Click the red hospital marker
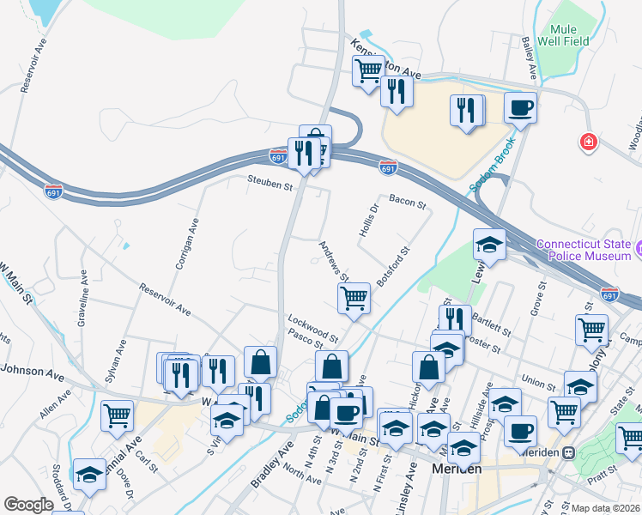tap(589, 141)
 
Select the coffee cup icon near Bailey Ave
tap(520, 109)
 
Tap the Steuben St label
tap(270, 182)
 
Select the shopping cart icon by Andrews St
tap(354, 298)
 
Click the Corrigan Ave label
tap(187, 243)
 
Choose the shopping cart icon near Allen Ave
tap(117, 416)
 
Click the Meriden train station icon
tap(567, 452)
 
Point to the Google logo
tap(28, 505)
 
